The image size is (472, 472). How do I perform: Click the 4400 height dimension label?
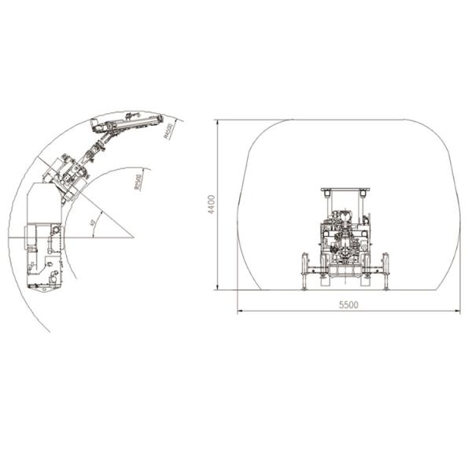211,204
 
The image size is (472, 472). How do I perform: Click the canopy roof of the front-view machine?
345,190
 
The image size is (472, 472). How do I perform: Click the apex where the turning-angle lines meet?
134,237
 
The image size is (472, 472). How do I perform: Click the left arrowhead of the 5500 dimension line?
238,311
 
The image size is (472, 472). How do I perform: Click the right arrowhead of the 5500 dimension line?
459,311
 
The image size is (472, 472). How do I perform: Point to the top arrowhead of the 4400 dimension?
218,121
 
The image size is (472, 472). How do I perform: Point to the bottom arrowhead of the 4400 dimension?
218,289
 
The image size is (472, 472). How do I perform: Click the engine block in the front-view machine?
344,236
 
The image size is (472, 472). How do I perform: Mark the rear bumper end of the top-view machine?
43,287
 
